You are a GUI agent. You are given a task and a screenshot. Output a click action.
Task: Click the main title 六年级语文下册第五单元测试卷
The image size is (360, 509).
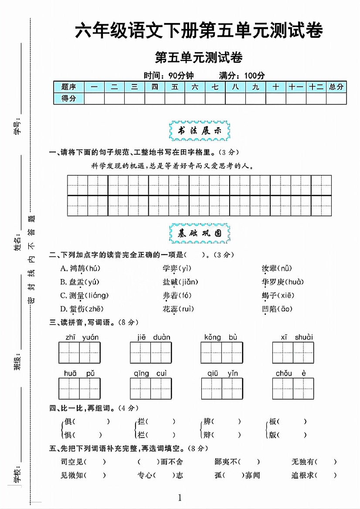(199, 31)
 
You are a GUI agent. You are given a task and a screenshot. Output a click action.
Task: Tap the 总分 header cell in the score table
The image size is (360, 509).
(336, 87)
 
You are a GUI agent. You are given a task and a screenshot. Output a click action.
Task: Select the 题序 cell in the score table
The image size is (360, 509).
(69, 87)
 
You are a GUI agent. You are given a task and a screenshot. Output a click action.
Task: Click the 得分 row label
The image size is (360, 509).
(69, 98)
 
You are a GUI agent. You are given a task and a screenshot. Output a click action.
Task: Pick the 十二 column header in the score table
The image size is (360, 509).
(316, 87)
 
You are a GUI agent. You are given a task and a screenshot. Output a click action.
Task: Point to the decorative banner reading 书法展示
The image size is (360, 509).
(199, 131)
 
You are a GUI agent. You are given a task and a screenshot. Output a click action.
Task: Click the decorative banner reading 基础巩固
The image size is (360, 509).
(199, 234)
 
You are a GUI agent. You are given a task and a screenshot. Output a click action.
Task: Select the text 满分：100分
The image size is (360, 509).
(242, 75)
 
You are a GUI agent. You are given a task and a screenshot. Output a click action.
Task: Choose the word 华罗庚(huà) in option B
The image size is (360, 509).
(283, 282)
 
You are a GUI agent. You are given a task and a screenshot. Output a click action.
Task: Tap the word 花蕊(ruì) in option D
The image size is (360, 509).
(178, 309)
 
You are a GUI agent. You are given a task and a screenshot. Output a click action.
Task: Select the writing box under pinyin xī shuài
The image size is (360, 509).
(293, 353)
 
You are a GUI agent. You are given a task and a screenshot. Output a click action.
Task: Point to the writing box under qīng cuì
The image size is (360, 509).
(150, 388)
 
